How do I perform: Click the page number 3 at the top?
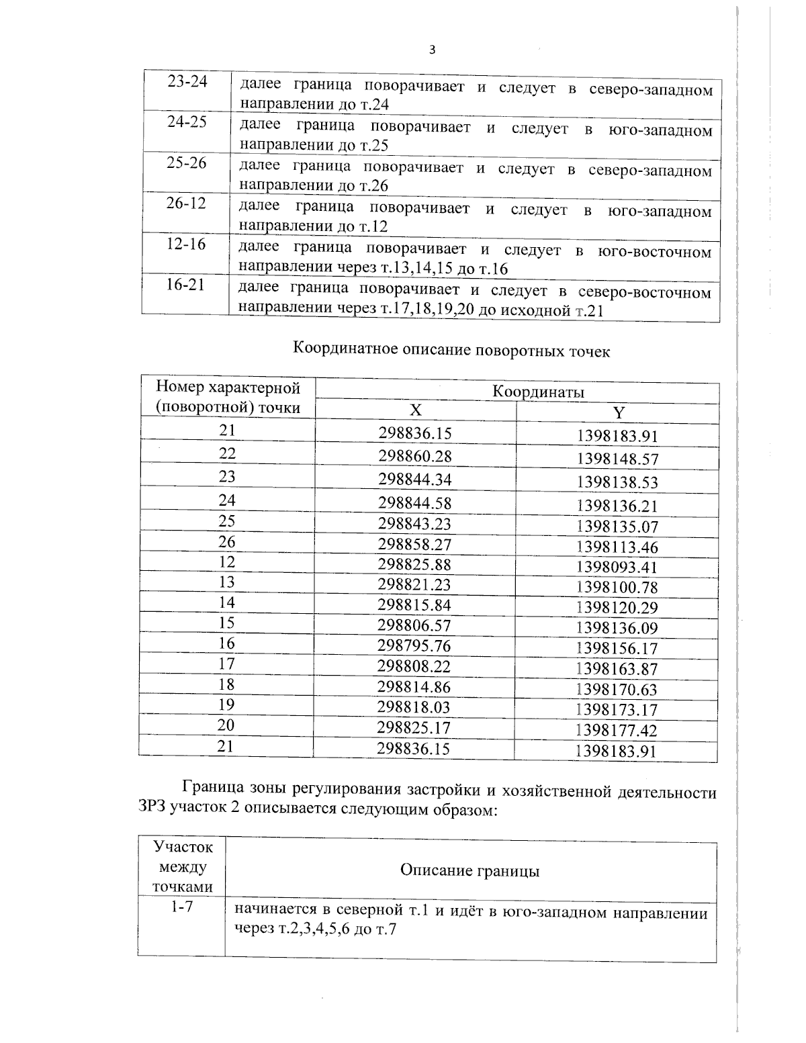pos(432,50)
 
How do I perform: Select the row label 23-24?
pos(187,81)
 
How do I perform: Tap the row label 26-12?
pos(186,203)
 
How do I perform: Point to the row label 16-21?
pos(185,285)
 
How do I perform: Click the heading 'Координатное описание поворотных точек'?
pos(452,351)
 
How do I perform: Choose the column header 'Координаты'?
pos(538,392)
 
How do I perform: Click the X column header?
pos(416,411)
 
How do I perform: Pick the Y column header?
pos(618,412)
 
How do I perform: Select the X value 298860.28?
pos(414,457)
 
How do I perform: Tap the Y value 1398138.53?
pos(617,482)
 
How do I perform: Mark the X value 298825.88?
pos(414,565)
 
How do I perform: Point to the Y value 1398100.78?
pos(617,588)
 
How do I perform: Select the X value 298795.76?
pos(414,646)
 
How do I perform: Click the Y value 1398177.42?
pos(616,731)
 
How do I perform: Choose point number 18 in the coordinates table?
pos(226,684)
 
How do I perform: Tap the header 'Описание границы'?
pos(470,871)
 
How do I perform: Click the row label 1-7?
pos(181,907)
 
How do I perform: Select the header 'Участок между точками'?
pos(182,867)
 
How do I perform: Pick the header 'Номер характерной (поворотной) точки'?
pos(228,398)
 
